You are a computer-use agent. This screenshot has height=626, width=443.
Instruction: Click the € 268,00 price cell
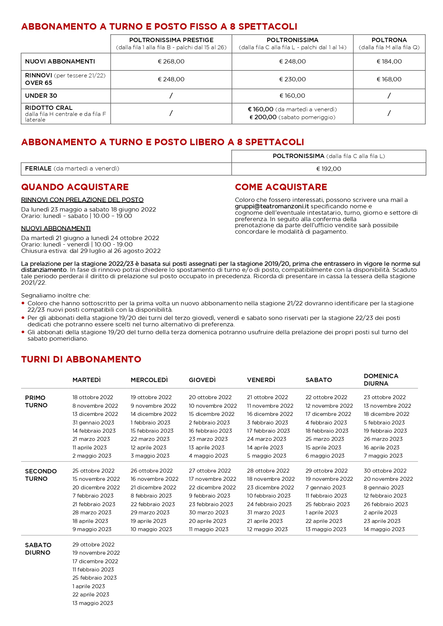point(171,61)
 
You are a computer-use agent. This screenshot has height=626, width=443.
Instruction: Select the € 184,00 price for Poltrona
point(389,61)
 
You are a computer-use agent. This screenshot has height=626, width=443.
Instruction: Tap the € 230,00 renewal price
point(292,79)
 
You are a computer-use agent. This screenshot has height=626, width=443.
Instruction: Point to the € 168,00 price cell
point(389,79)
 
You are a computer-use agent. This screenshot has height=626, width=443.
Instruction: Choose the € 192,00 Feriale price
point(328,169)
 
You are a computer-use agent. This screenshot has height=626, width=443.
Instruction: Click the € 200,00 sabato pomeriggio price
point(263,117)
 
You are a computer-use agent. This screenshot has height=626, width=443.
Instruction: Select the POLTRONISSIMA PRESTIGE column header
point(171,40)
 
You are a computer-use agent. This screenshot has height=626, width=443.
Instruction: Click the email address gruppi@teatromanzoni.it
point(272,206)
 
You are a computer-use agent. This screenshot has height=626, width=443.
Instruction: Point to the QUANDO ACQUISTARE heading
point(75,187)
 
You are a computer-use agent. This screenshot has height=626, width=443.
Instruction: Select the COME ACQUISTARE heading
point(281,187)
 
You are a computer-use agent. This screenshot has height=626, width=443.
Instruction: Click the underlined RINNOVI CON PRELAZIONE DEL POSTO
point(82,200)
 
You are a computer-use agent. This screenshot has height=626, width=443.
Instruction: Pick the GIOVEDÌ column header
point(202,380)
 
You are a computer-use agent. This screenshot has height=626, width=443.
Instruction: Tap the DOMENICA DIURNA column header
point(381,380)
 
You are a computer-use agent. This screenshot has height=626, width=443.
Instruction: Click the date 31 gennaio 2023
point(93,423)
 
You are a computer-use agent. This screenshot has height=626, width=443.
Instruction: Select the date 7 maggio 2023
point(383,456)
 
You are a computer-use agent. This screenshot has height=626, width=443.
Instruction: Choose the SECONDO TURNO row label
point(41,475)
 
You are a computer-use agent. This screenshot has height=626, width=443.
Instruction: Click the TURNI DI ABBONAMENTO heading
point(81,360)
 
